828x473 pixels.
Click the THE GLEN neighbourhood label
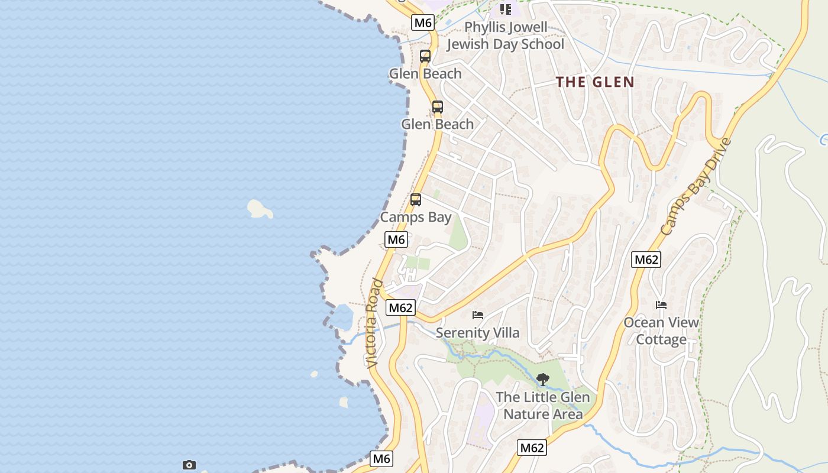[595, 82]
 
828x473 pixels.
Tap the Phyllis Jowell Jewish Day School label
[505, 35]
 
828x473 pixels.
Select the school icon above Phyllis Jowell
[505, 9]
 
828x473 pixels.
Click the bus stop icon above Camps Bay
[416, 200]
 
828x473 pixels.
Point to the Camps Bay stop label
[415, 217]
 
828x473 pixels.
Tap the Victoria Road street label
[373, 323]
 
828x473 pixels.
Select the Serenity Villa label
[477, 333]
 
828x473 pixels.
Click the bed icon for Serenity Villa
[478, 315]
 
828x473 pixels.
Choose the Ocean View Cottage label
[661, 331]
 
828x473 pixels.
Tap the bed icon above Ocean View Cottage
[661, 305]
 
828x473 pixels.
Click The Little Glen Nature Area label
[543, 406]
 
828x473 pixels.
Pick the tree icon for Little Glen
[542, 379]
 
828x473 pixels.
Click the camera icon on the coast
[189, 465]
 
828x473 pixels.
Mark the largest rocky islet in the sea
[259, 208]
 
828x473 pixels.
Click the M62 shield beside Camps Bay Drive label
[645, 260]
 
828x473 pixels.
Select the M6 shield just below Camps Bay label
[396, 239]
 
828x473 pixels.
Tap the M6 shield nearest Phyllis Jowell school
[423, 22]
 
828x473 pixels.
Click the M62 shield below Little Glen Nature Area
[531, 448]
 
